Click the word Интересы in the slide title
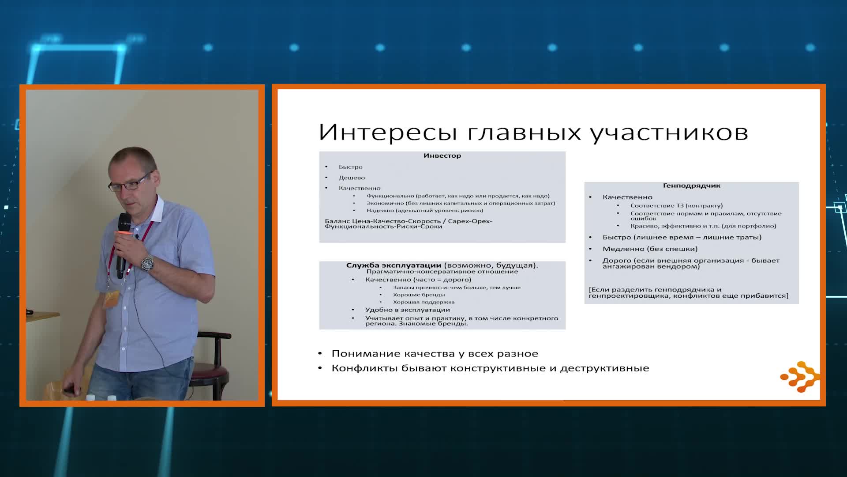click(x=388, y=132)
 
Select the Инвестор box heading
click(x=442, y=155)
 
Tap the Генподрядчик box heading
click(x=691, y=185)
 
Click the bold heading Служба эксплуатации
click(x=394, y=265)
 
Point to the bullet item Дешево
click(x=352, y=178)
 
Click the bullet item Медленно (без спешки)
click(x=650, y=249)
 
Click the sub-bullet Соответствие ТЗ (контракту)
click(x=676, y=205)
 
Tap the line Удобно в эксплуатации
click(x=407, y=310)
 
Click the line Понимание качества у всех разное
click(x=435, y=353)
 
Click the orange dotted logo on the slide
click(x=800, y=376)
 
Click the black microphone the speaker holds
click(x=122, y=245)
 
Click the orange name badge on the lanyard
click(x=112, y=299)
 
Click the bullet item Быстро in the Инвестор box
click(x=350, y=167)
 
